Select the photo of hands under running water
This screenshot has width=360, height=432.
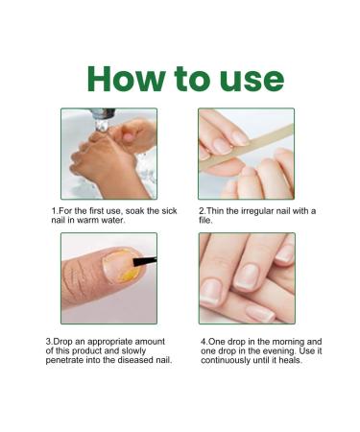tap(108, 153)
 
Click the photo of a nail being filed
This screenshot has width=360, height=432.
tap(247, 153)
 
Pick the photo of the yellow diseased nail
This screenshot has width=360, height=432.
tap(108, 278)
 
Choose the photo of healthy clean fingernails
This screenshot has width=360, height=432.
tap(247, 278)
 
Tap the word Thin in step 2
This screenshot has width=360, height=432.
tap(217, 209)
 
